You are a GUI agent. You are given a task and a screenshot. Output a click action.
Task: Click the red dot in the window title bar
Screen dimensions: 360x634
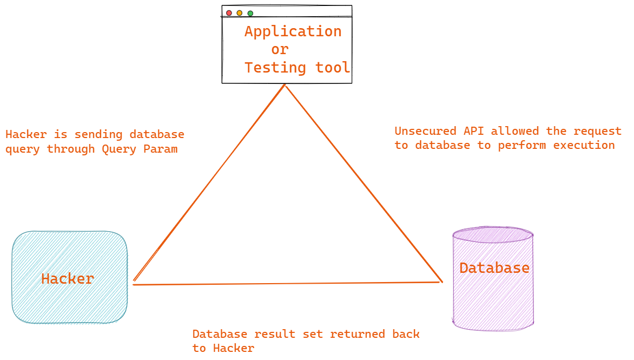(229, 13)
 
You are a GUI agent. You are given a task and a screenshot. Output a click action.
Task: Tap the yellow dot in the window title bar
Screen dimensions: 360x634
(240, 13)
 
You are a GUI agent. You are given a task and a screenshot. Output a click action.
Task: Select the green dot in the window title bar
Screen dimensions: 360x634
(250, 13)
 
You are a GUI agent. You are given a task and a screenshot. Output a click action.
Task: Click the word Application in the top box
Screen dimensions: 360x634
(293, 31)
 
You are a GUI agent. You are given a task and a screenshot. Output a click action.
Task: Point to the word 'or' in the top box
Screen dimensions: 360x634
(280, 49)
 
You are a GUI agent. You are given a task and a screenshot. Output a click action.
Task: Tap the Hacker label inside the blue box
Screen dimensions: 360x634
(68, 279)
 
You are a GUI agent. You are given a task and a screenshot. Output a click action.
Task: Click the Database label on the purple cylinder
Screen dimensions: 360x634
(494, 267)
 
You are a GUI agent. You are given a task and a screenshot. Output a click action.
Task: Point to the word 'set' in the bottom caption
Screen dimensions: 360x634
(313, 334)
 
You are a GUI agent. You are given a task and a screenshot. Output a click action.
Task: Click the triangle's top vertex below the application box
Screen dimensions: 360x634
(285, 86)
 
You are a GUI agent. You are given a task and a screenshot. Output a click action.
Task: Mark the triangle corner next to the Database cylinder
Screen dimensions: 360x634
(441, 282)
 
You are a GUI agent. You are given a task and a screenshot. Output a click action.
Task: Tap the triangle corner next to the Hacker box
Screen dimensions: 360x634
(134, 283)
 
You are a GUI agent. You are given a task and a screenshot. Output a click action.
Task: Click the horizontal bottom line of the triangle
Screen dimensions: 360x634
(287, 283)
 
